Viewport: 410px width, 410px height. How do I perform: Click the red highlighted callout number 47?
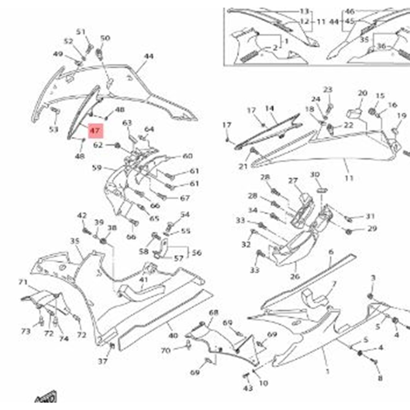[x=95, y=131]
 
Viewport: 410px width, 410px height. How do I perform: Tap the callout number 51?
[x=81, y=32]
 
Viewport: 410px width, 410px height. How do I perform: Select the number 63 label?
[x=127, y=123]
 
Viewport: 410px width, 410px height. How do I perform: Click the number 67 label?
[x=185, y=198]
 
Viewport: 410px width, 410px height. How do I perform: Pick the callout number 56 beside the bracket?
[x=197, y=253]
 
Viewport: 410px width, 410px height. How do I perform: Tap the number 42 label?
[x=82, y=216]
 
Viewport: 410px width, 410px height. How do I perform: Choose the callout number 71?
[x=23, y=282]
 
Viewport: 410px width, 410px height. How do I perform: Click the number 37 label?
[x=103, y=361]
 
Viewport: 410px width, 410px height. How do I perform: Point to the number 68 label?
[x=213, y=312]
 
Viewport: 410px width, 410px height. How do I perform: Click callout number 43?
[x=248, y=388]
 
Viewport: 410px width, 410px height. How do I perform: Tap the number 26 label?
[x=295, y=277]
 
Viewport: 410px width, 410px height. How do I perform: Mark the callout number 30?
[x=315, y=174]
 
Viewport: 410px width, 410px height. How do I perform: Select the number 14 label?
[x=270, y=109]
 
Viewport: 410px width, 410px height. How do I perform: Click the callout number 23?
[x=328, y=89]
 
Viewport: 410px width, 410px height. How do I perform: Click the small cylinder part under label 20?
[x=354, y=113]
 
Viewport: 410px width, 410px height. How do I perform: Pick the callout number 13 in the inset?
[x=304, y=11]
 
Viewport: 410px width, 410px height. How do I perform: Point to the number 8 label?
[x=380, y=378]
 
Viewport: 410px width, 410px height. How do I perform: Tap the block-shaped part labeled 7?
[x=313, y=298]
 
